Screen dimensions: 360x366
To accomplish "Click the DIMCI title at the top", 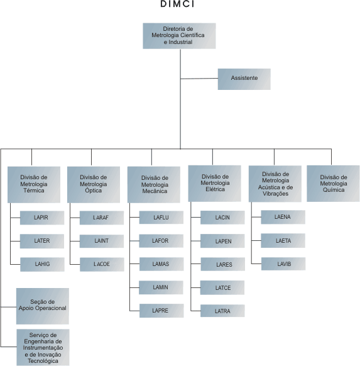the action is (x=177, y=4).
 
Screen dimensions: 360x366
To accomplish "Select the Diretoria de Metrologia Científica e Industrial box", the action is (x=179, y=36).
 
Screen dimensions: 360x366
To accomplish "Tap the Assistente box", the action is (x=244, y=79).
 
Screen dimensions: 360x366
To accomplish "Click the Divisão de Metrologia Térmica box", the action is (x=34, y=185).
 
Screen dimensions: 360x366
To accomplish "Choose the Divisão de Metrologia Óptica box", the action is (x=94, y=185).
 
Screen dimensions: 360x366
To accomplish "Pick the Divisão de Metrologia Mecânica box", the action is (x=154, y=185).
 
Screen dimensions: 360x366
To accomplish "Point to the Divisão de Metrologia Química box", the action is (x=333, y=184).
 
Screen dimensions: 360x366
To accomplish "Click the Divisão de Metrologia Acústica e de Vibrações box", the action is (x=275, y=184).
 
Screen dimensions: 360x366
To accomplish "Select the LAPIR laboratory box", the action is (x=42, y=218).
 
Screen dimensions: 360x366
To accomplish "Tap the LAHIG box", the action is (x=42, y=265).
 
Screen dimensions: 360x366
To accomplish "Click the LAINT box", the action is (x=102, y=241).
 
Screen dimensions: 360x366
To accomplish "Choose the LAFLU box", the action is (x=161, y=218).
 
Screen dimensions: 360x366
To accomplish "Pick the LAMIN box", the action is (x=161, y=287).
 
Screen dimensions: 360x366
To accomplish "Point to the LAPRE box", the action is (x=161, y=311).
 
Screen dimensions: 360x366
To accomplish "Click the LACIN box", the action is (x=222, y=218).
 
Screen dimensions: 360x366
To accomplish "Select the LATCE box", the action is (x=222, y=287).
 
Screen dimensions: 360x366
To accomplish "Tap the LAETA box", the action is (x=283, y=241).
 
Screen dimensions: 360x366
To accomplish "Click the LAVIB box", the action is (x=283, y=264).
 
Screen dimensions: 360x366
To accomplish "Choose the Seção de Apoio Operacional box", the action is (x=43, y=306).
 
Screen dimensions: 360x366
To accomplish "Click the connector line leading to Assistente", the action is (x=199, y=79).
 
